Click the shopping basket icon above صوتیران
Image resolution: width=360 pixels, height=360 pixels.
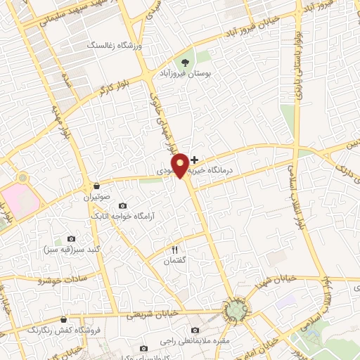point(95,186)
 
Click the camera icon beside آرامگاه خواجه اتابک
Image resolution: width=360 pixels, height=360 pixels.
point(122,205)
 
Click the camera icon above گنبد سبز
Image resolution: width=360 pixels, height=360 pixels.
point(70,239)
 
